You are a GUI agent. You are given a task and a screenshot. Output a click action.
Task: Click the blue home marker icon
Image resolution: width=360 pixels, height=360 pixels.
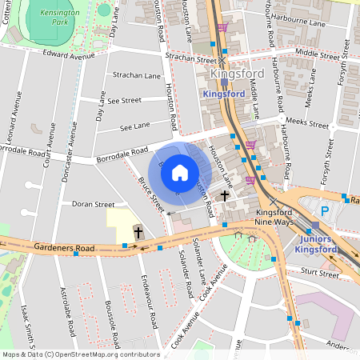(x=180, y=172)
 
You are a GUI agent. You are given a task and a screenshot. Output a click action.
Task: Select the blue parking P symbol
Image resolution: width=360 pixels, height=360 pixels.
(x=325, y=211)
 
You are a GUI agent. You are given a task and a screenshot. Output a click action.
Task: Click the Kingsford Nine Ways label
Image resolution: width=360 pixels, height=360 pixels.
(x=281, y=218)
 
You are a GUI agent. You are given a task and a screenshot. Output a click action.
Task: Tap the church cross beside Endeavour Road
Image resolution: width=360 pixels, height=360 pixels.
(x=138, y=233)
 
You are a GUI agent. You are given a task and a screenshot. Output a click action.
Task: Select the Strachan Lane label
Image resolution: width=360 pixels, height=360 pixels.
(x=137, y=76)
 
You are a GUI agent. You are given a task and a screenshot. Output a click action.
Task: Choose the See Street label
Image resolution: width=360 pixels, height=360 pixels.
(x=124, y=101)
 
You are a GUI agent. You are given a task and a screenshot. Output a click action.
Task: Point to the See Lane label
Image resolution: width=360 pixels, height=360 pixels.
(x=134, y=126)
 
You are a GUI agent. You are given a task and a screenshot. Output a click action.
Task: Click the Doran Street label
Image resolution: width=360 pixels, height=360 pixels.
(x=94, y=205)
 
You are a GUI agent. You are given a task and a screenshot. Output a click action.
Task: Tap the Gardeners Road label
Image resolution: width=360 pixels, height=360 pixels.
(x=65, y=249)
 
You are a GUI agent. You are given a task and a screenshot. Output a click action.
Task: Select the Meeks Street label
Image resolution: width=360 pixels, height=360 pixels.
(x=307, y=126)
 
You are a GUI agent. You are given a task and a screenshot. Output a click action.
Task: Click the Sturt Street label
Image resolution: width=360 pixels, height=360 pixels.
(x=322, y=273)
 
